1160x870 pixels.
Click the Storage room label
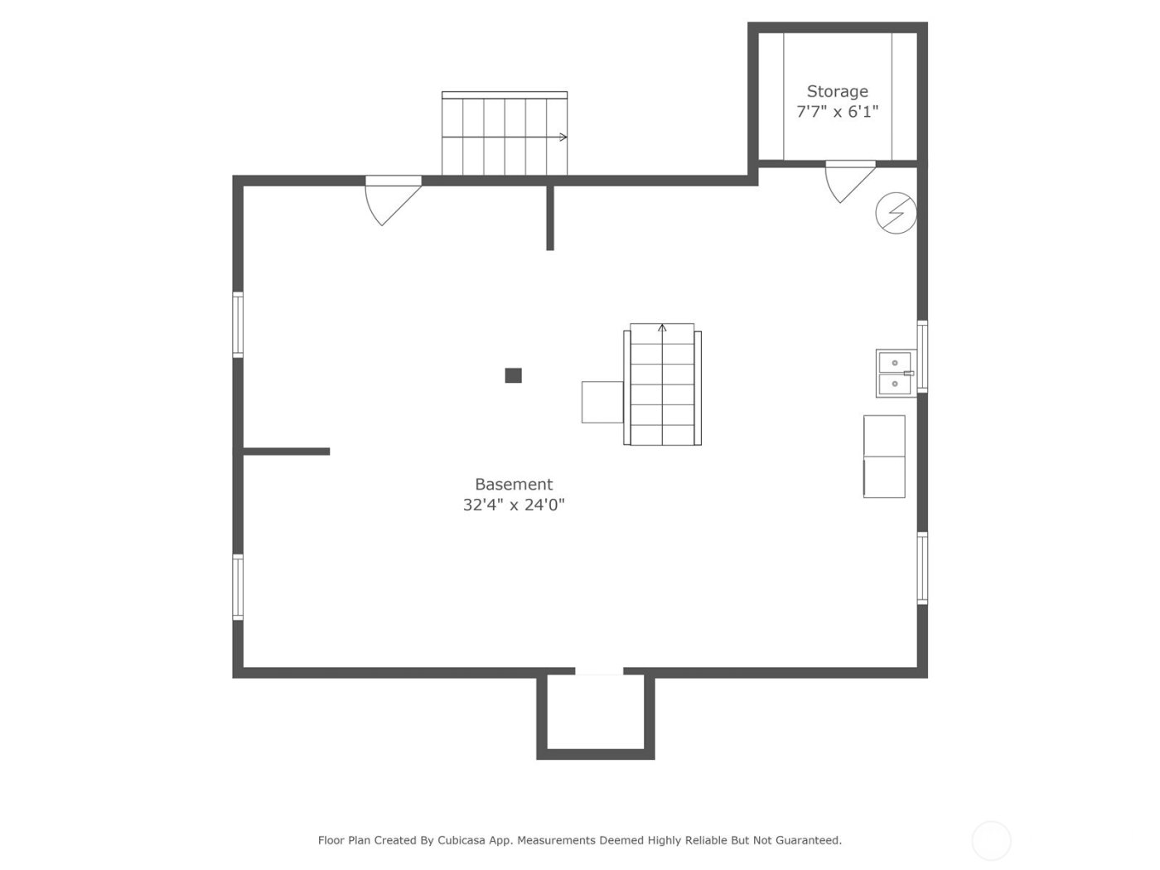[x=837, y=91]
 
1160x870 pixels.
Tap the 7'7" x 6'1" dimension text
[x=837, y=112]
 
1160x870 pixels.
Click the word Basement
[x=513, y=484]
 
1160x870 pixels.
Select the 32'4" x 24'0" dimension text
[x=513, y=505]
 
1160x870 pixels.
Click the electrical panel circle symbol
[x=896, y=213]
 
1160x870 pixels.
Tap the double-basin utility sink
[x=896, y=373]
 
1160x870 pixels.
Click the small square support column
[x=513, y=375]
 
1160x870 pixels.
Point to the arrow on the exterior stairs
[x=563, y=137]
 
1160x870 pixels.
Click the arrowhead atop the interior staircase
[x=662, y=328]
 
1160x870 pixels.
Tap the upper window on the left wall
[x=238, y=324]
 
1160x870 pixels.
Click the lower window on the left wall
[x=238, y=587]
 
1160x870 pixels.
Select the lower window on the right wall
[x=922, y=568]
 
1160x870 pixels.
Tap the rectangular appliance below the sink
[x=884, y=457]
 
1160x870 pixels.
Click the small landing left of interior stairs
[x=602, y=402]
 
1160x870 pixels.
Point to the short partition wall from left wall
[x=287, y=452]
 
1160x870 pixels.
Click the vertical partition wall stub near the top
[x=550, y=218]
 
